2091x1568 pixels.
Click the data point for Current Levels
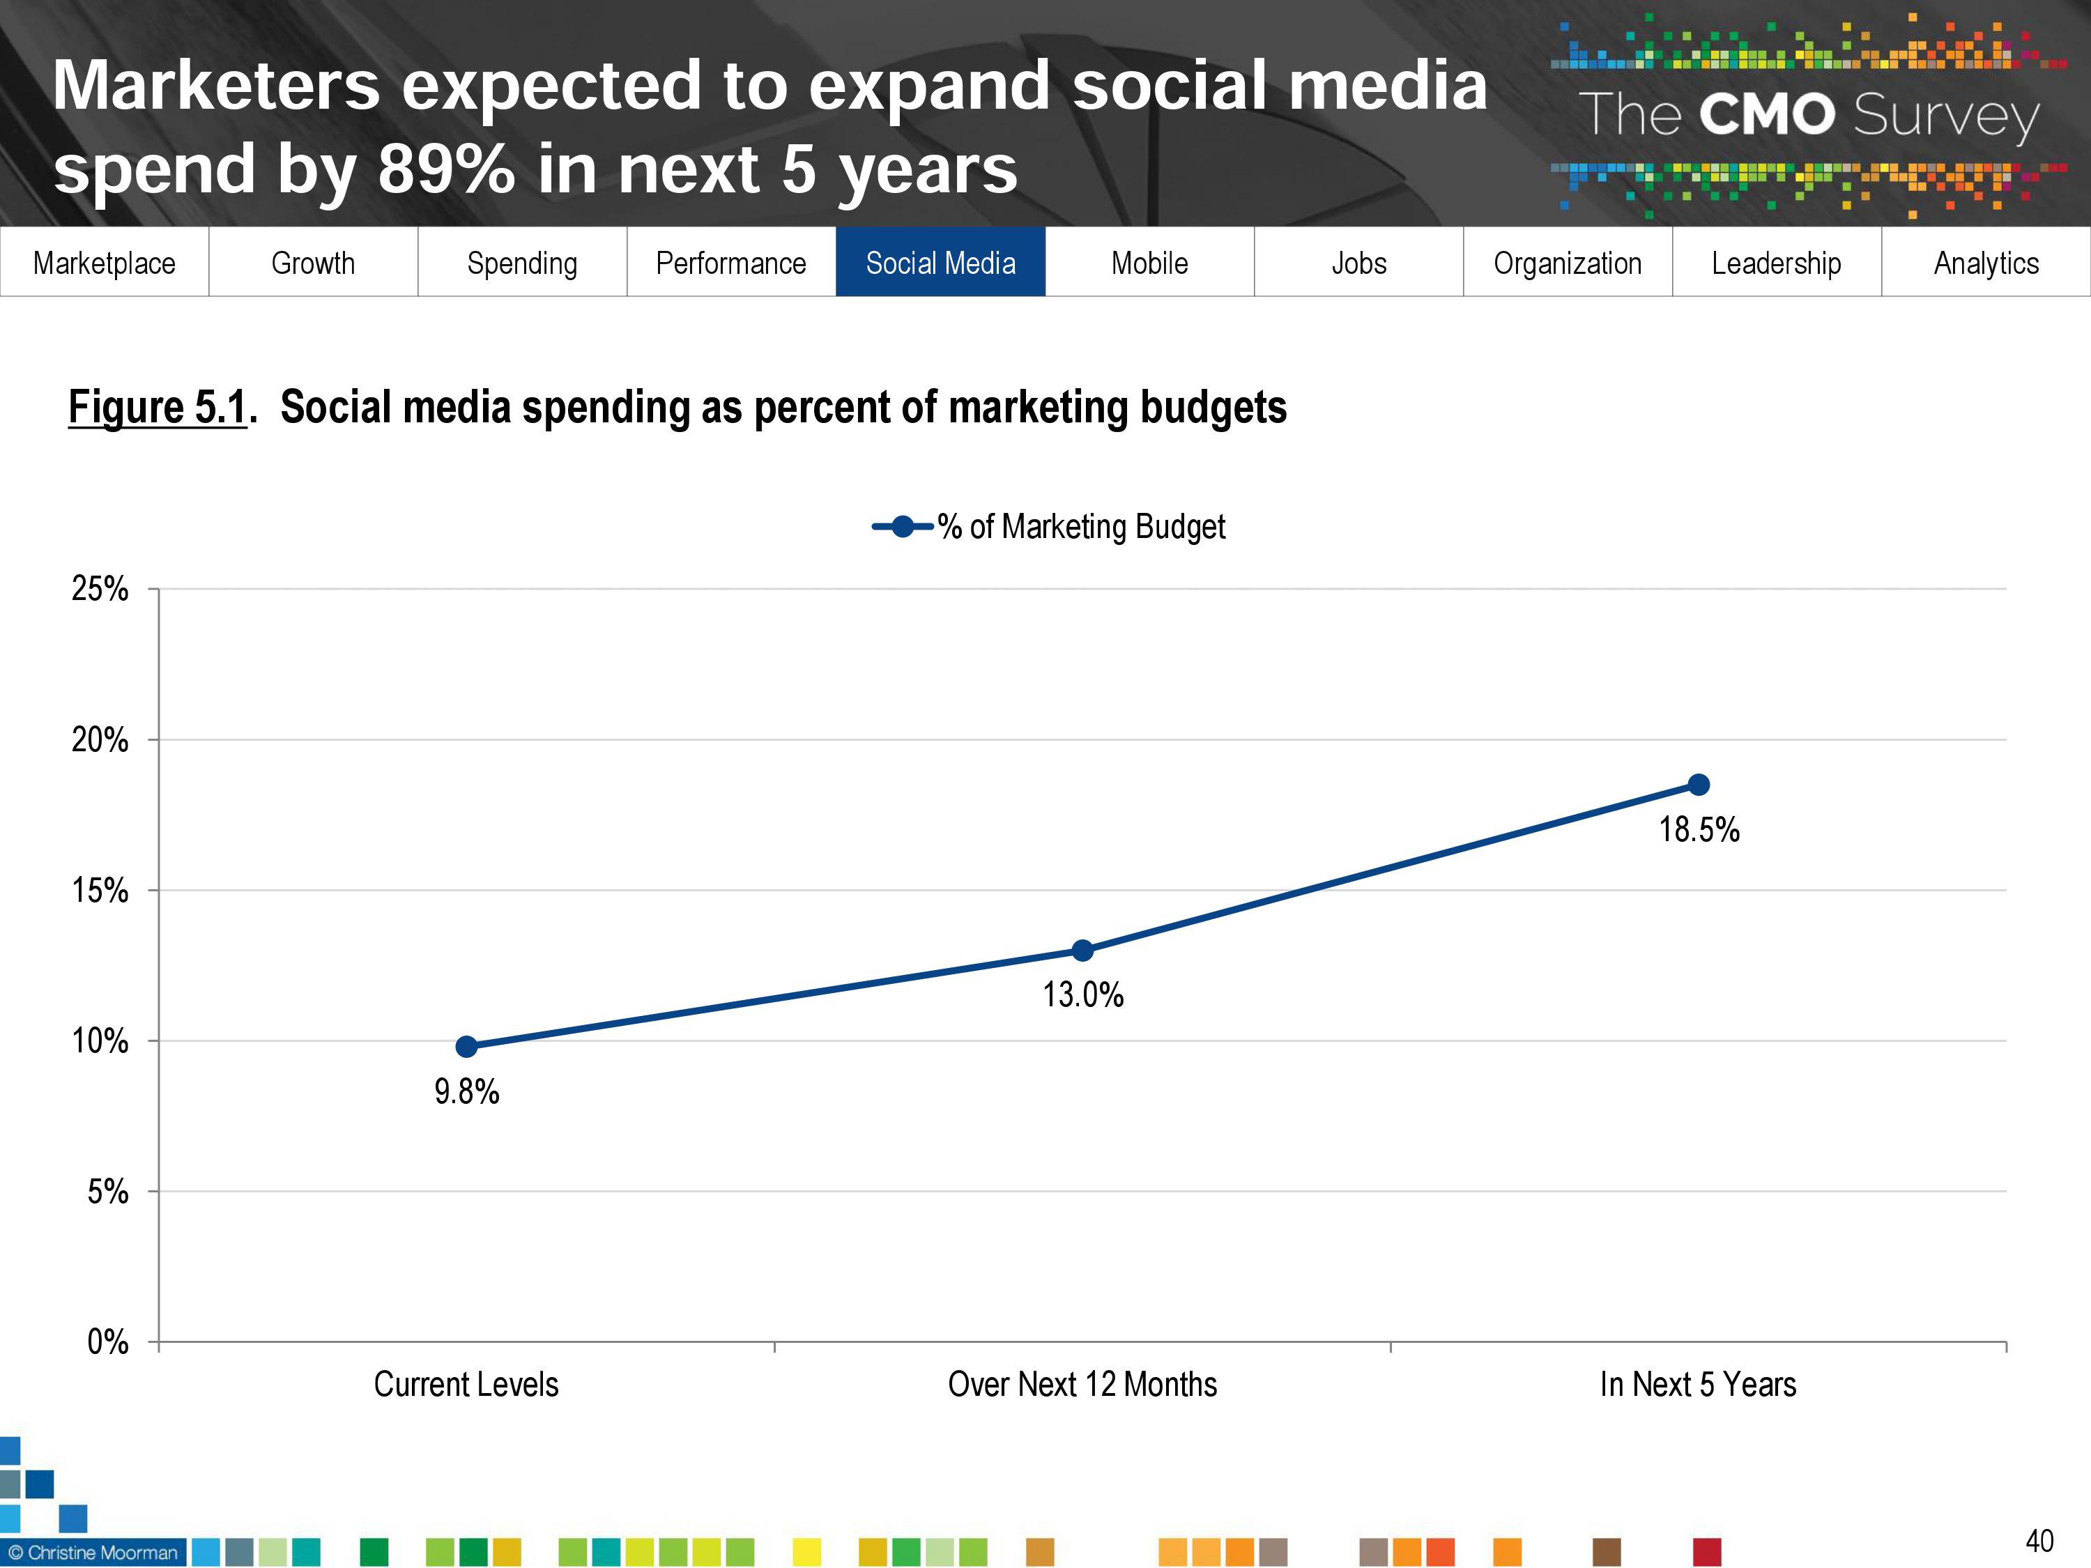coord(466,1046)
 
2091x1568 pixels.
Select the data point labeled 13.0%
coord(1082,950)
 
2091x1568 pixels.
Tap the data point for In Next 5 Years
coord(1698,785)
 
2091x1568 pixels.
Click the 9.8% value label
coord(466,1091)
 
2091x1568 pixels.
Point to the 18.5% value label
coord(1699,830)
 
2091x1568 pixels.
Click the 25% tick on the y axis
coord(100,589)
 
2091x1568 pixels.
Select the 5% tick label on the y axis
coord(108,1192)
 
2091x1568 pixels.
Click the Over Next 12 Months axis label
coord(1082,1385)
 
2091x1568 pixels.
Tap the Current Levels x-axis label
coord(466,1385)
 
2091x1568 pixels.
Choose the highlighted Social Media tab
coord(940,263)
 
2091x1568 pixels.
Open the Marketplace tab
coord(104,263)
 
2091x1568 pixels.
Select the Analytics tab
coord(1986,263)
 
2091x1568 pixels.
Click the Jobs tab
coord(1358,263)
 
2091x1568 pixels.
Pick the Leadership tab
coord(1776,263)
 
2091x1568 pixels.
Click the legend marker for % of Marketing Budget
coord(903,526)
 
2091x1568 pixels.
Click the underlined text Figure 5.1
coord(157,408)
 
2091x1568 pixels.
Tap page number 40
coord(2039,1541)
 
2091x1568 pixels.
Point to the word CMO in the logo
coord(1767,115)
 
